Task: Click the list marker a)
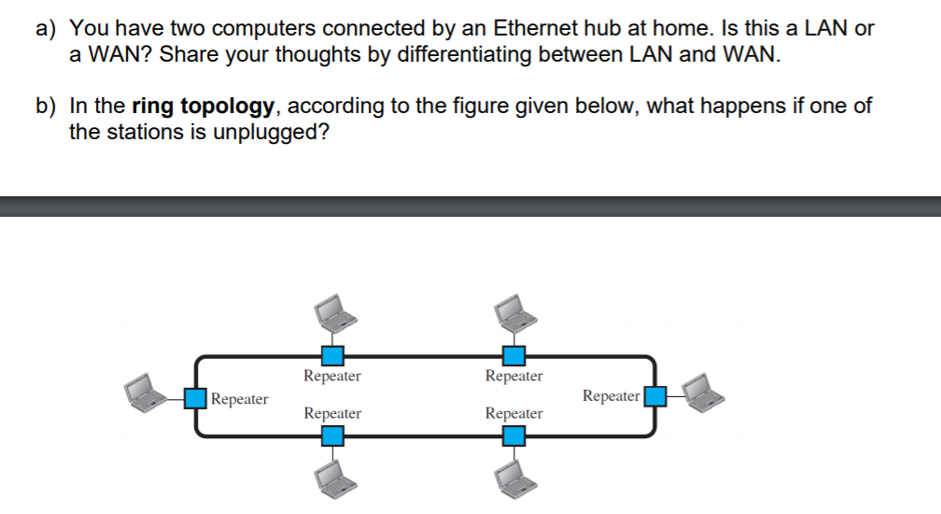(48, 28)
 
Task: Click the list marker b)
(48, 106)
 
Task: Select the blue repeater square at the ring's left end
(195, 397)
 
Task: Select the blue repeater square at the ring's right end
(655, 396)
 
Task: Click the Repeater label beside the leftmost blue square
(240, 399)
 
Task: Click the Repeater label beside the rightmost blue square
(611, 396)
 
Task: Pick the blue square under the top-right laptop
(513, 354)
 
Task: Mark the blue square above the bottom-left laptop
(332, 435)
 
